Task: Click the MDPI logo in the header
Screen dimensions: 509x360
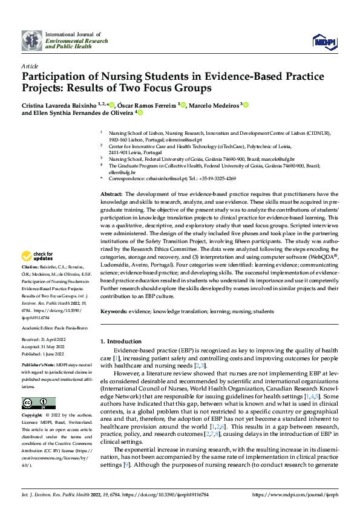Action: tap(323, 40)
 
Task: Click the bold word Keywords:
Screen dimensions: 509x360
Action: tap(114, 311)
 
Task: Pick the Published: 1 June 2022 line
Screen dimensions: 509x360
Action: tap(44, 355)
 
